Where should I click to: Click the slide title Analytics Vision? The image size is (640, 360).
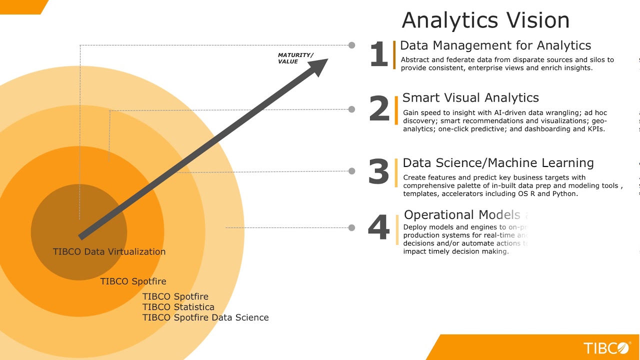(x=485, y=20)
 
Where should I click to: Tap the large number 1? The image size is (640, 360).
(x=378, y=54)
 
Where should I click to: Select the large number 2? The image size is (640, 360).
(x=379, y=109)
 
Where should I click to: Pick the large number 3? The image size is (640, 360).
(x=378, y=171)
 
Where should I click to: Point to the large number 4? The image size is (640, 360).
(x=378, y=227)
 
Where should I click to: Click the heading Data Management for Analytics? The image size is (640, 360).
(x=495, y=45)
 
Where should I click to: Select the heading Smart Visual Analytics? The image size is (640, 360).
(x=470, y=97)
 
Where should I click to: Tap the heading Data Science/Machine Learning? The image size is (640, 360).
(x=498, y=163)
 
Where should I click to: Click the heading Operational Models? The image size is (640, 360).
(x=462, y=215)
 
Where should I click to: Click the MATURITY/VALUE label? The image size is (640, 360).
(x=295, y=58)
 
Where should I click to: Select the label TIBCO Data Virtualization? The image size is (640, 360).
(x=109, y=251)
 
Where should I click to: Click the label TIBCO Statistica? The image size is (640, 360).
(x=178, y=307)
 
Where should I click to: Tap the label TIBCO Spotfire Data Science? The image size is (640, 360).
(x=205, y=317)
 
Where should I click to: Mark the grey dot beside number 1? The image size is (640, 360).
(x=352, y=45)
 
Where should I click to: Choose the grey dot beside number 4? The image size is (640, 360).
(x=352, y=227)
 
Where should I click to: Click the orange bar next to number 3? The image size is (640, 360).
(x=396, y=172)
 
